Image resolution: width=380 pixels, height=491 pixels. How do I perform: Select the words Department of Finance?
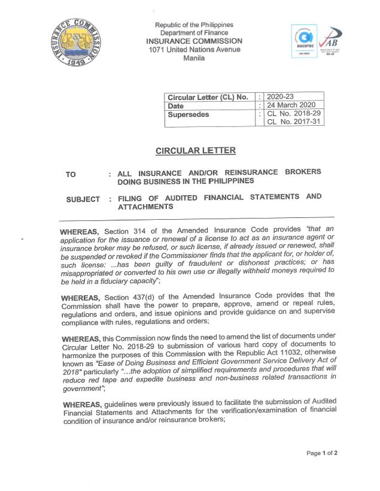194,33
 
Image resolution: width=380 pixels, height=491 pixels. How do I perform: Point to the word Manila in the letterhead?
194,58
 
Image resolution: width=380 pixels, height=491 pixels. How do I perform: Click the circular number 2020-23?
279,96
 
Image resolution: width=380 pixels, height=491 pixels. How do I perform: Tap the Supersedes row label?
189,114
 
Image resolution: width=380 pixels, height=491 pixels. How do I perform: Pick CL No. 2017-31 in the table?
294,122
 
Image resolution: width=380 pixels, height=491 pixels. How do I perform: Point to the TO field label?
71,175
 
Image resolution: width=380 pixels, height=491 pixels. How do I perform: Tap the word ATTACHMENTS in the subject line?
145,207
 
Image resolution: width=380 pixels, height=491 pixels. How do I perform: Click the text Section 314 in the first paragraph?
123,231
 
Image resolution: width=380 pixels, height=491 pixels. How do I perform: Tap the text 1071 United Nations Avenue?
194,50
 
